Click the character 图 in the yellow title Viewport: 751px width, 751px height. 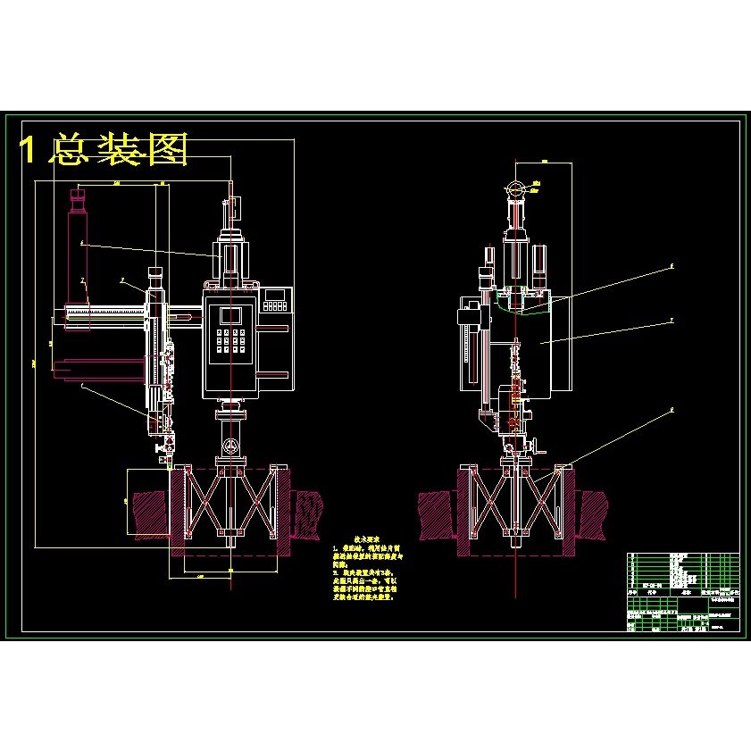coord(165,150)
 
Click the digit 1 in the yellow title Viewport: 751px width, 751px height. coord(29,150)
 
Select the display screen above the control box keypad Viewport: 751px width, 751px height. coord(230,314)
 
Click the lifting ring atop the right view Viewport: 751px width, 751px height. coord(515,188)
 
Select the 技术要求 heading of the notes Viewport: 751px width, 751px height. coord(367,539)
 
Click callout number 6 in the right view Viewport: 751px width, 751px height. coord(671,265)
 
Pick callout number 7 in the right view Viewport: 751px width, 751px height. coord(671,318)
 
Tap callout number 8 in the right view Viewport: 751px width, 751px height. coord(671,412)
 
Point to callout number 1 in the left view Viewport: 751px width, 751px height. coord(83,386)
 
